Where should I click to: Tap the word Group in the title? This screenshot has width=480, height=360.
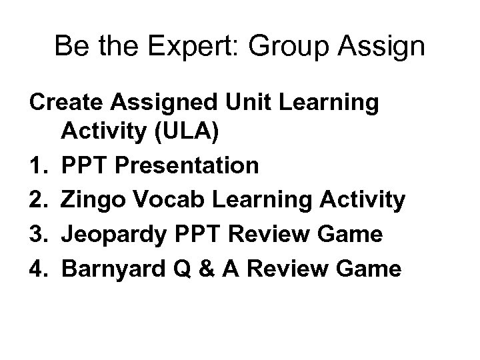click(303, 47)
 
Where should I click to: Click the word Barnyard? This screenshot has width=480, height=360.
click(111, 269)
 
